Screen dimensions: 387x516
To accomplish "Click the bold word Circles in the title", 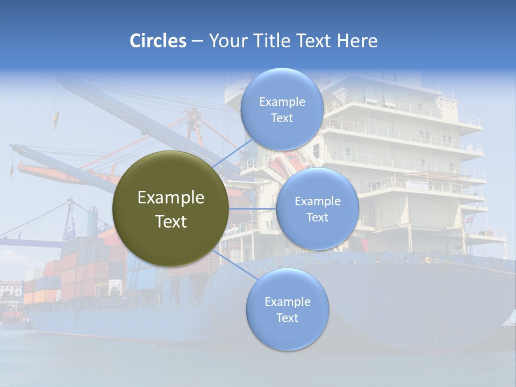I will point(158,41).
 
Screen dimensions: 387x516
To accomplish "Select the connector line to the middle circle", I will point(253,209).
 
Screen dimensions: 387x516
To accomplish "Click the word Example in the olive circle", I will point(170,198).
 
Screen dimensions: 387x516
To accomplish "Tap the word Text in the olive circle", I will point(170,221).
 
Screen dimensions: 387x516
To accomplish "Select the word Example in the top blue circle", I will point(282,102).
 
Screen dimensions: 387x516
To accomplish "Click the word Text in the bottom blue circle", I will point(287,318).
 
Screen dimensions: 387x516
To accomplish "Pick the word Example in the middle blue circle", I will point(318,202).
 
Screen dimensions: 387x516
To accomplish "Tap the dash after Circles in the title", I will point(197,41).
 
